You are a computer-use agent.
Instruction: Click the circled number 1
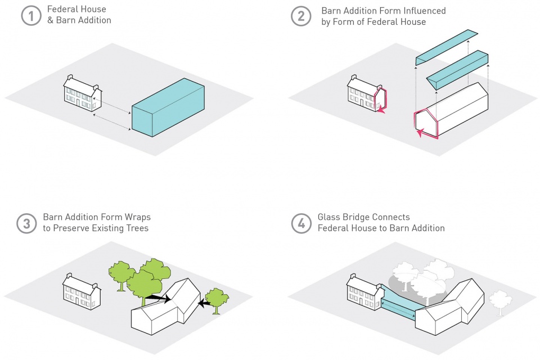pyautogui.click(x=31, y=16)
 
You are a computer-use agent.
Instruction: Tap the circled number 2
pyautogui.click(x=301, y=16)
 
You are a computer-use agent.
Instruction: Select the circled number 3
pyautogui.click(x=26, y=223)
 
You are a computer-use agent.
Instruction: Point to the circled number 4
pyautogui.click(x=301, y=223)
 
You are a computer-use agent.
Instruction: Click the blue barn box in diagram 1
pyautogui.click(x=168, y=107)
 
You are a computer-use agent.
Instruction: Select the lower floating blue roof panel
pyautogui.click(x=457, y=70)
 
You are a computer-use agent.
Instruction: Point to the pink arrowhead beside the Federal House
pyautogui.click(x=381, y=110)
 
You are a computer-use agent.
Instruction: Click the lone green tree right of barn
pyautogui.click(x=217, y=300)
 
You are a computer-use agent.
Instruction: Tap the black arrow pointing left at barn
pyautogui.click(x=205, y=304)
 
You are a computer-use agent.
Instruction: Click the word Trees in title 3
pyautogui.click(x=137, y=228)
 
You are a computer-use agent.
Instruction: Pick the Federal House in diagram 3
pyautogui.click(x=82, y=291)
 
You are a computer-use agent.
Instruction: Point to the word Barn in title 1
pyautogui.click(x=65, y=20)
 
